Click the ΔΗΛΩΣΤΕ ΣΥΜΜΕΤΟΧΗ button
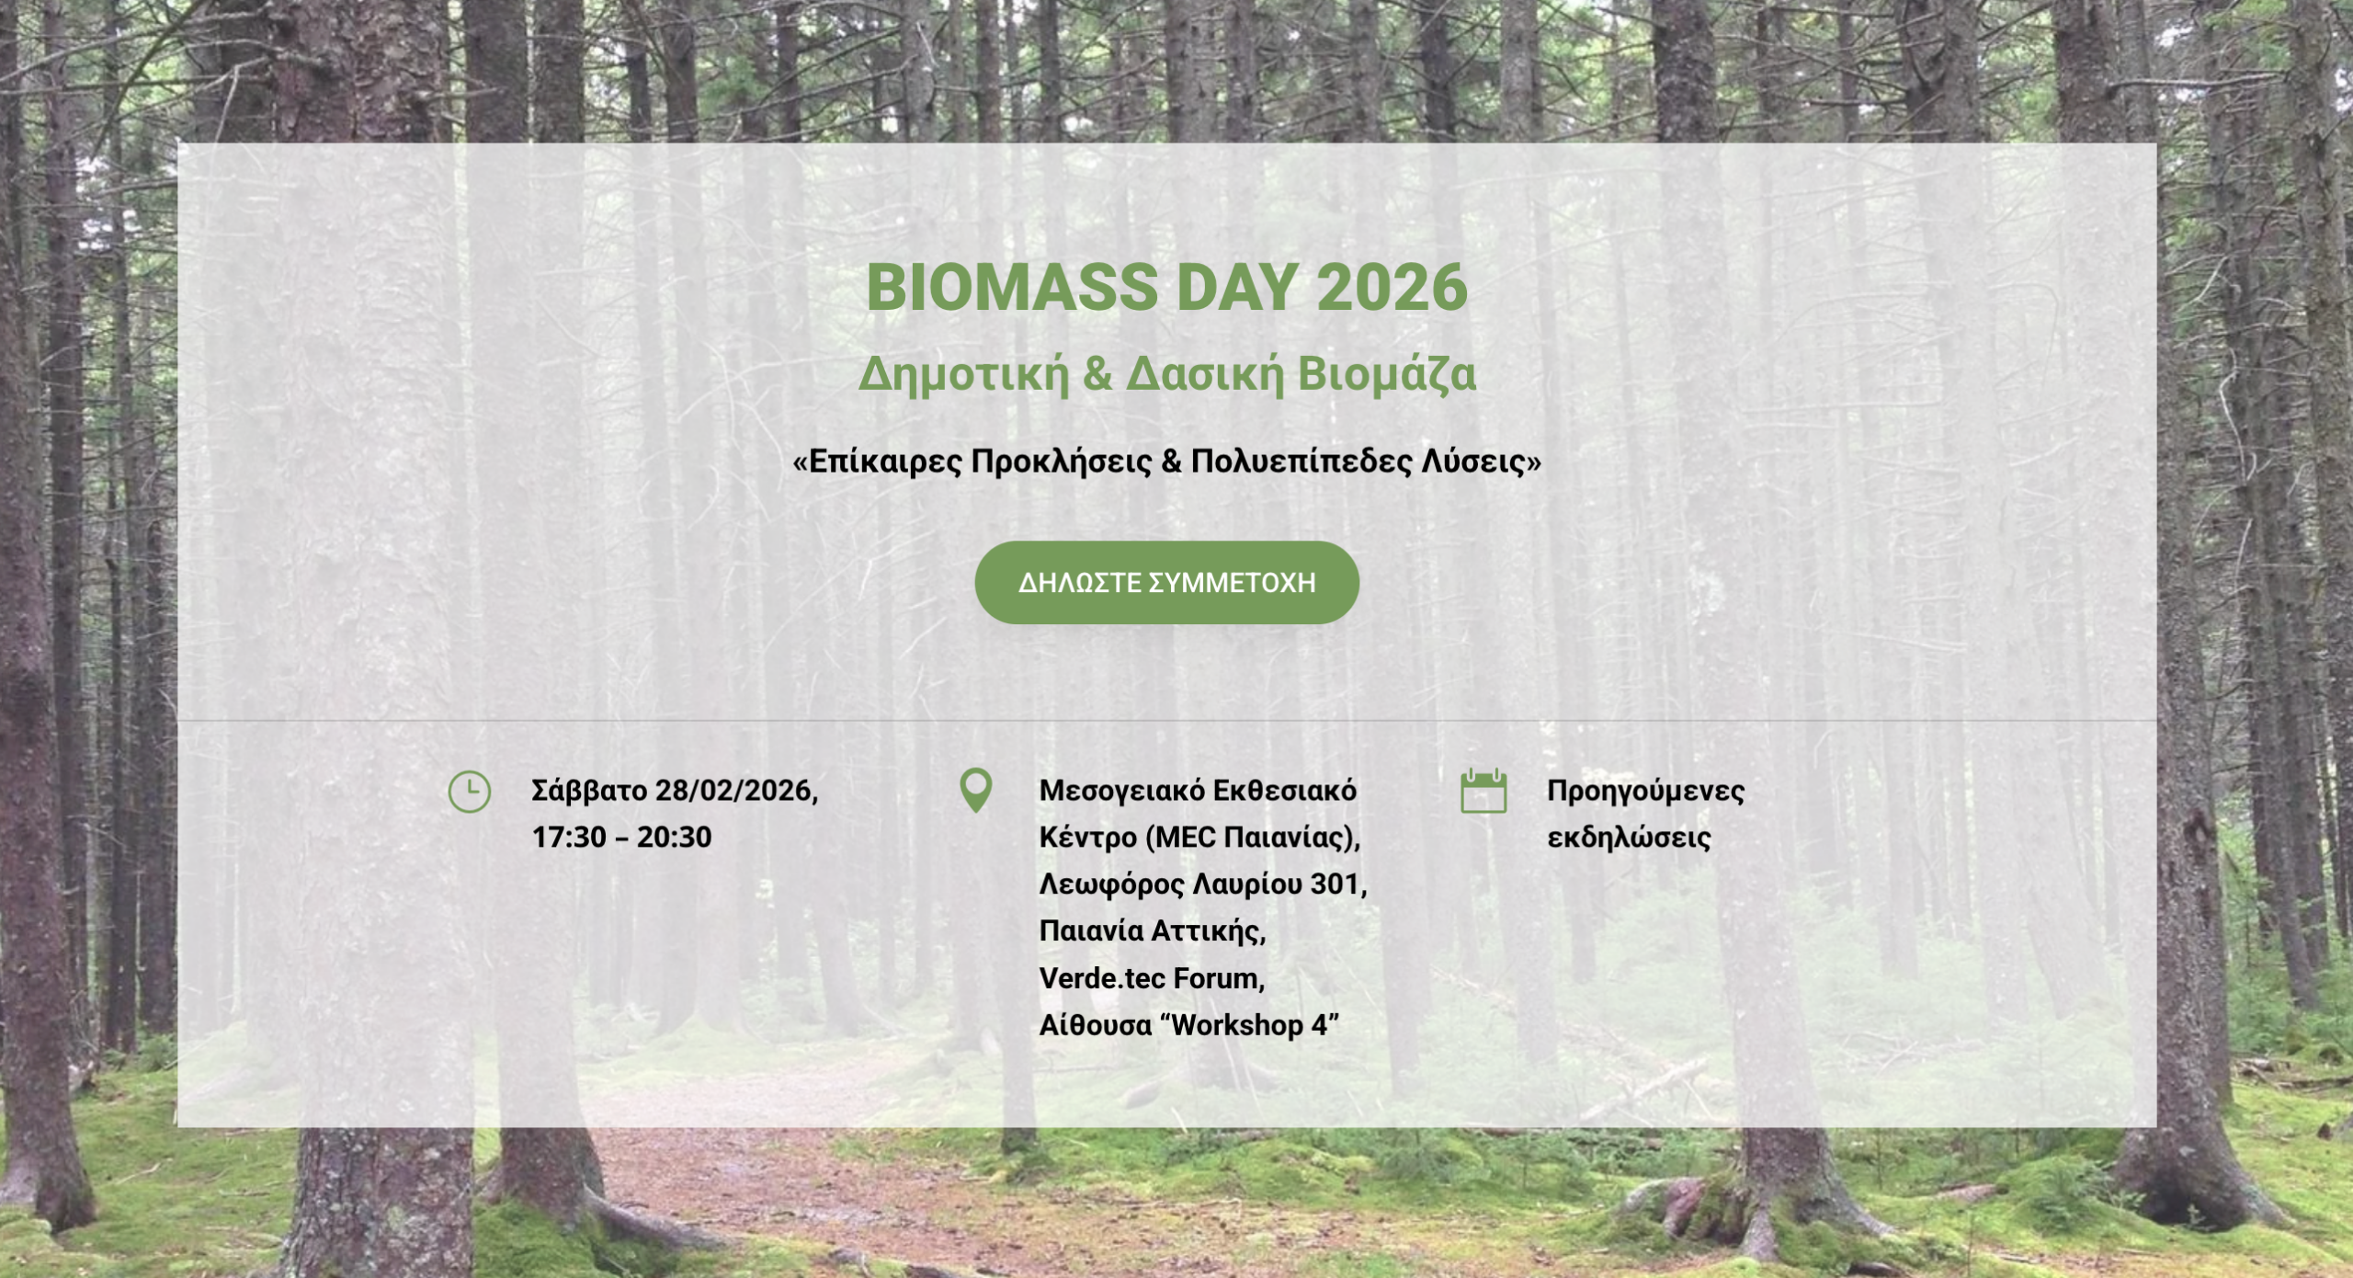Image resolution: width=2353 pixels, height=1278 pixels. pyautogui.click(x=1166, y=583)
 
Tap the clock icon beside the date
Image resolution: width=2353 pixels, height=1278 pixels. pyautogui.click(x=469, y=792)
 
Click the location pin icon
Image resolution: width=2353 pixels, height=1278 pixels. pyautogui.click(x=976, y=791)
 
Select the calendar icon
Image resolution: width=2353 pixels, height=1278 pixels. pyautogui.click(x=1483, y=791)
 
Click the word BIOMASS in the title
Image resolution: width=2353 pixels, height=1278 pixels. pyautogui.click(x=1011, y=288)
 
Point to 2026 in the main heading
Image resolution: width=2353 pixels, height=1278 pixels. pyautogui.click(x=1392, y=288)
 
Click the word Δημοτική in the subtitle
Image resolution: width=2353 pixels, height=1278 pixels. pyautogui.click(x=963, y=374)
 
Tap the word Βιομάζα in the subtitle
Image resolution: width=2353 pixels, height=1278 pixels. pyautogui.click(x=1386, y=374)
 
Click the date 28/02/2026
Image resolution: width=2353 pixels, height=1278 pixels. pyautogui.click(x=736, y=791)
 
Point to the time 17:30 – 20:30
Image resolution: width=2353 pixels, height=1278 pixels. pyautogui.click(x=622, y=838)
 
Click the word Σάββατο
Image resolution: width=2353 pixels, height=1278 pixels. pyautogui.click(x=589, y=791)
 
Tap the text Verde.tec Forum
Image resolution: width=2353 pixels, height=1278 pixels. pyautogui.click(x=1152, y=978)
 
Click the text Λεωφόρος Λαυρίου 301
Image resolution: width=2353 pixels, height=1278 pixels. pyautogui.click(x=1203, y=884)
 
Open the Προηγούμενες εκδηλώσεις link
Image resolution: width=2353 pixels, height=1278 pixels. pyautogui.click(x=1645, y=815)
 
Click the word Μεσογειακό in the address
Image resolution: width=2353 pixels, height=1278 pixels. pyautogui.click(x=1121, y=791)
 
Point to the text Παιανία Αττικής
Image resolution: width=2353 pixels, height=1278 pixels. pyautogui.click(x=1153, y=931)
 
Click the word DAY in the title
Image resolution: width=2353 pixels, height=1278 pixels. pyautogui.click(x=1236, y=288)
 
